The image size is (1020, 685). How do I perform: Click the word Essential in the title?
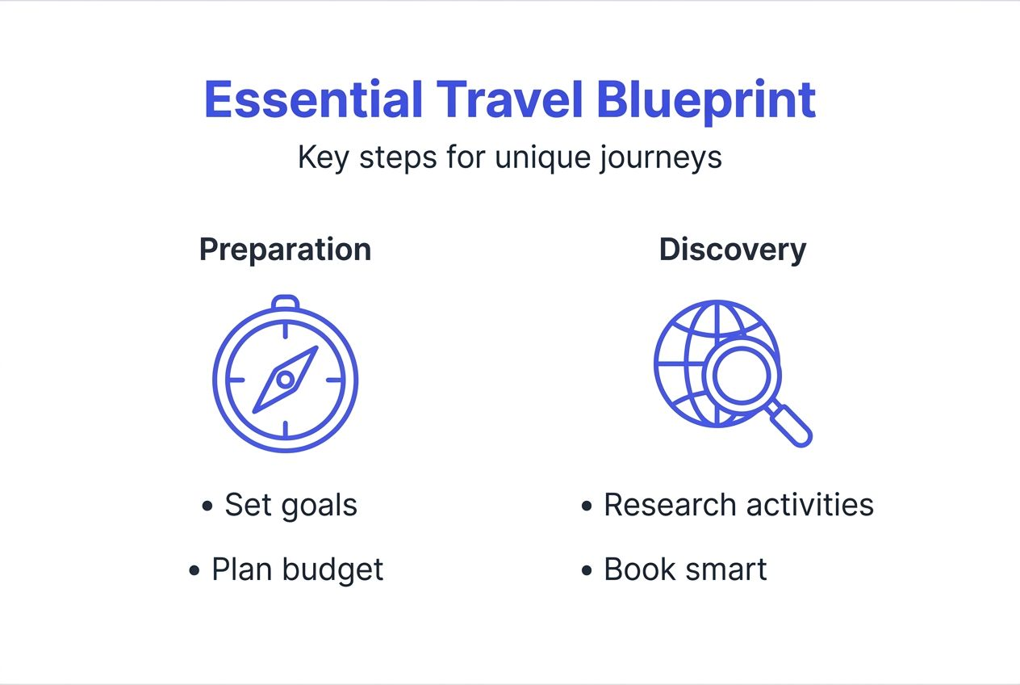[313, 100]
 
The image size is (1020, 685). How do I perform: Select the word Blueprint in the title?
[706, 100]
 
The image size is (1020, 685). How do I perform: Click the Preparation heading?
[285, 250]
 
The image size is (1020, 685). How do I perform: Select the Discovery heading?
[732, 250]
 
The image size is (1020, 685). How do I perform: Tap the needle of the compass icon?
[286, 379]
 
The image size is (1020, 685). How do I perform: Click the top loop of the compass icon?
[285, 304]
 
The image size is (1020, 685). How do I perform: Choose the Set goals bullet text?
[291, 506]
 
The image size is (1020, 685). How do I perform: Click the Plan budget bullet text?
[297, 570]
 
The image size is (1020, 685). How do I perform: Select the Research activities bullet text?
[738, 506]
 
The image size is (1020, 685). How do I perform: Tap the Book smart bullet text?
[685, 570]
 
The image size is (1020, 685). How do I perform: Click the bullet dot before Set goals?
[207, 506]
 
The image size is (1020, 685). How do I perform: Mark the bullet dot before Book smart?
[587, 571]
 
